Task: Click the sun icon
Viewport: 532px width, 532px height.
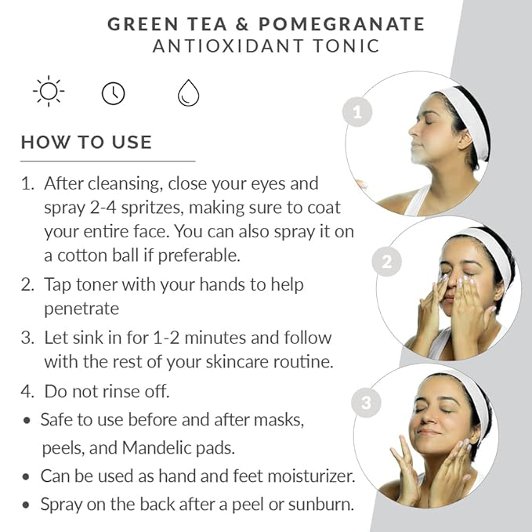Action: (49, 91)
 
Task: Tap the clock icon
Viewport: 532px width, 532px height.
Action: (114, 93)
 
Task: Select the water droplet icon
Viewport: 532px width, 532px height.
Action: (188, 92)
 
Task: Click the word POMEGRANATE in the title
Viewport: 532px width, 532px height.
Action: (342, 24)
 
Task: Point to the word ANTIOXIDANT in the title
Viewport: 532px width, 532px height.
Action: (228, 46)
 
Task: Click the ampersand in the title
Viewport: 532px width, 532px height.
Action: (242, 24)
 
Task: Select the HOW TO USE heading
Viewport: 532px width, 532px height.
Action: (86, 142)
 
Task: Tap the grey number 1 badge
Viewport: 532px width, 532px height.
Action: (357, 112)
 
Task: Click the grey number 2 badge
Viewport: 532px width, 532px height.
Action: (387, 262)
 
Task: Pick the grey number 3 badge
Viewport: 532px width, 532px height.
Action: (366, 403)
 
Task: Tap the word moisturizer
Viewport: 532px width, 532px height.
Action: (311, 476)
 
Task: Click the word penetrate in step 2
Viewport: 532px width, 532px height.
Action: (81, 309)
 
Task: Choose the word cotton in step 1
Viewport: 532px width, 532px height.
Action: (81, 255)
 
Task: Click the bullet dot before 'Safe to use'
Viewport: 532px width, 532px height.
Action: (27, 421)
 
